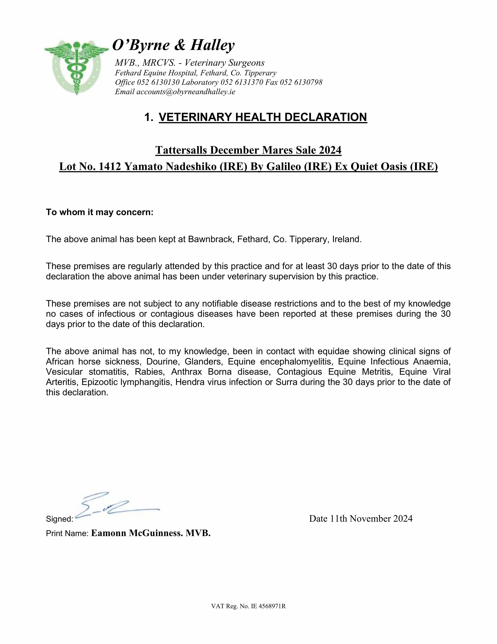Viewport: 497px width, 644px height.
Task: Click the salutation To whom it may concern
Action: coord(100,212)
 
